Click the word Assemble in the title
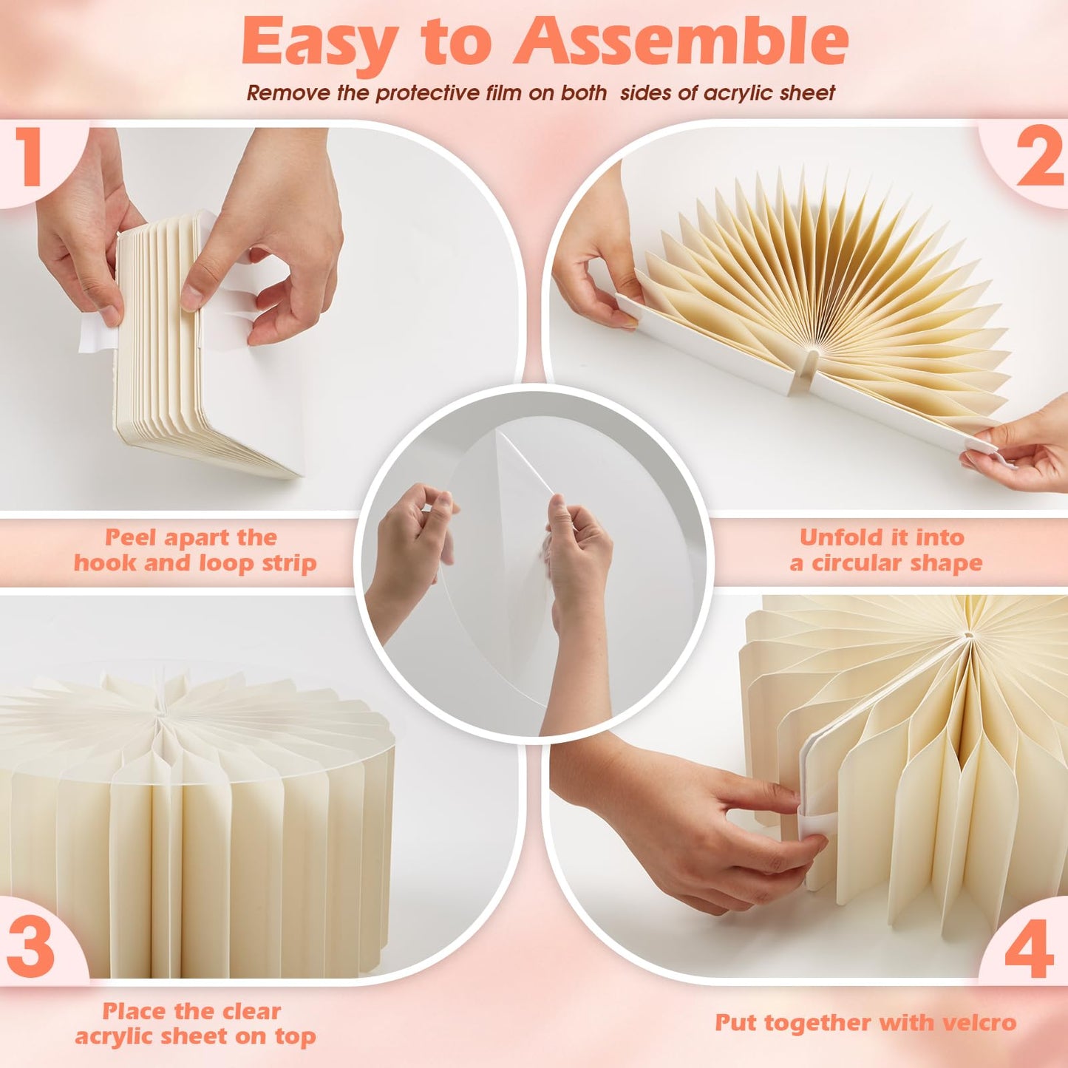(681, 41)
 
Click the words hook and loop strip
(195, 564)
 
